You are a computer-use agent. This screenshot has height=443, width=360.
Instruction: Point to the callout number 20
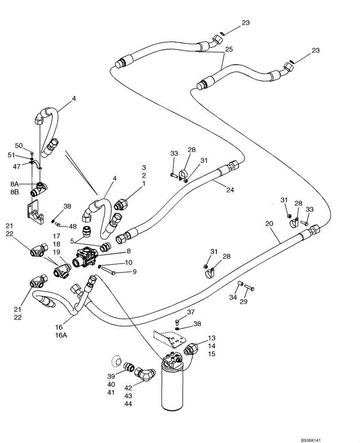coord(269,225)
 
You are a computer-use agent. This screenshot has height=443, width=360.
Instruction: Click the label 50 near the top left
coord(19,145)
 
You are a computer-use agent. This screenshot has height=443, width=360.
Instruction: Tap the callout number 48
coord(73,226)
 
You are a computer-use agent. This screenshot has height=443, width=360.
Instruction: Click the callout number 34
coord(232,297)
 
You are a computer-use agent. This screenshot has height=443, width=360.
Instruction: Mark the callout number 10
coord(129,263)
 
